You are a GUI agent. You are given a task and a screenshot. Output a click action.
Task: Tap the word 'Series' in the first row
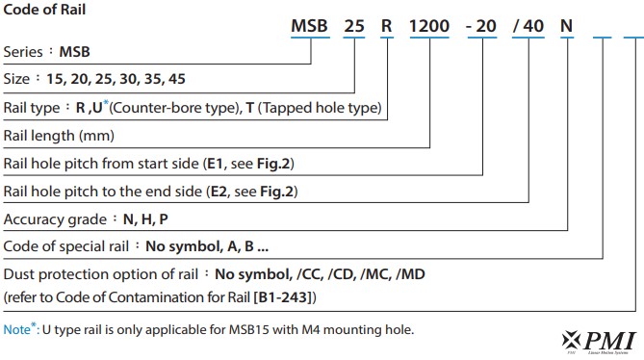pyautogui.click(x=26, y=51)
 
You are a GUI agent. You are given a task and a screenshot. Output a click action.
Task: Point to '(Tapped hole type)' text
pyautogui.click(x=323, y=107)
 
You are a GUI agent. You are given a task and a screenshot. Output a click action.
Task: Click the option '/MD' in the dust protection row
pyautogui.click(x=408, y=274)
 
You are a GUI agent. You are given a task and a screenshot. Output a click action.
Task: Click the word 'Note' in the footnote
pyautogui.click(x=17, y=329)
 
